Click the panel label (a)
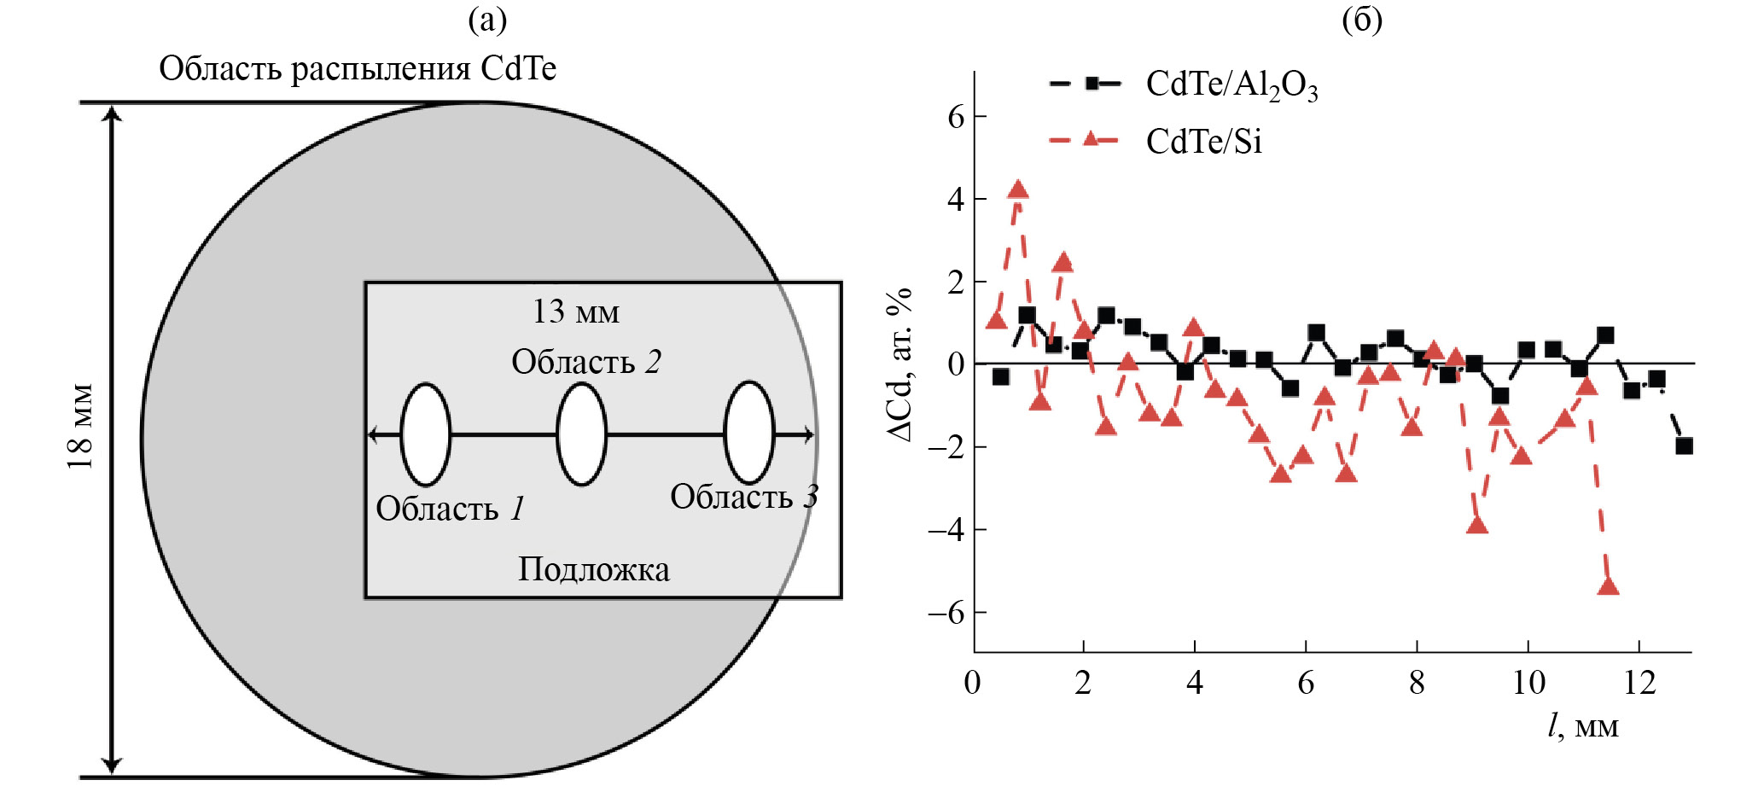pyautogui.click(x=487, y=20)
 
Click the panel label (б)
pyautogui.click(x=1361, y=20)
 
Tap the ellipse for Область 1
pyautogui.click(x=425, y=434)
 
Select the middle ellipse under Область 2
pyautogui.click(x=581, y=434)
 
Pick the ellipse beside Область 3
pyautogui.click(x=748, y=433)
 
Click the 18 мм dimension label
pyautogui.click(x=81, y=427)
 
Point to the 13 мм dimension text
pyautogui.click(x=576, y=312)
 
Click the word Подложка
pyautogui.click(x=594, y=569)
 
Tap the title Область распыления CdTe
pyautogui.click(x=358, y=68)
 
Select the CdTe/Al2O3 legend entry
pyautogui.click(x=1183, y=84)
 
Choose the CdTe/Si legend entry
pyautogui.click(x=1156, y=141)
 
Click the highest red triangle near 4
pyautogui.click(x=1017, y=189)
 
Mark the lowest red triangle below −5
pyautogui.click(x=1608, y=586)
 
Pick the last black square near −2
pyautogui.click(x=1684, y=445)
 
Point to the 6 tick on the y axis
pyautogui.click(x=956, y=116)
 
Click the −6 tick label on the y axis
pyautogui.click(x=946, y=613)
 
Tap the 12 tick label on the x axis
pyautogui.click(x=1639, y=683)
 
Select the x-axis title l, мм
pyautogui.click(x=1583, y=726)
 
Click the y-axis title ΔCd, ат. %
pyautogui.click(x=900, y=364)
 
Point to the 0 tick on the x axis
pyautogui.click(x=973, y=683)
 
